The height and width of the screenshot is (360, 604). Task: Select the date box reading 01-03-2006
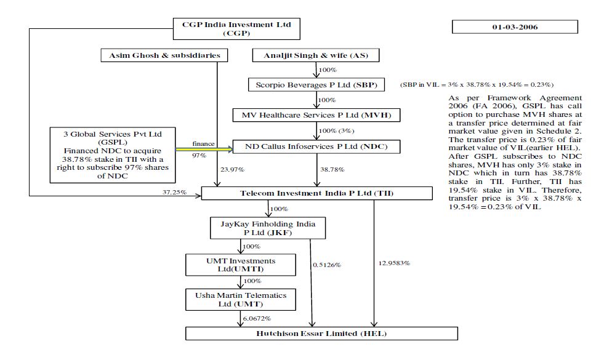(x=515, y=28)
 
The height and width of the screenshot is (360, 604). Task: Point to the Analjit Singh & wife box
(x=316, y=56)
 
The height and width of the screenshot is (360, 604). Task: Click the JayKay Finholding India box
(x=268, y=228)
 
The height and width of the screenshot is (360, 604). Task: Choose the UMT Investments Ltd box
(x=241, y=265)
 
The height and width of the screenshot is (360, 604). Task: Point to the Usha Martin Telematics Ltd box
(x=241, y=300)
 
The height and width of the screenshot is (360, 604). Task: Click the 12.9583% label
(x=394, y=263)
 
